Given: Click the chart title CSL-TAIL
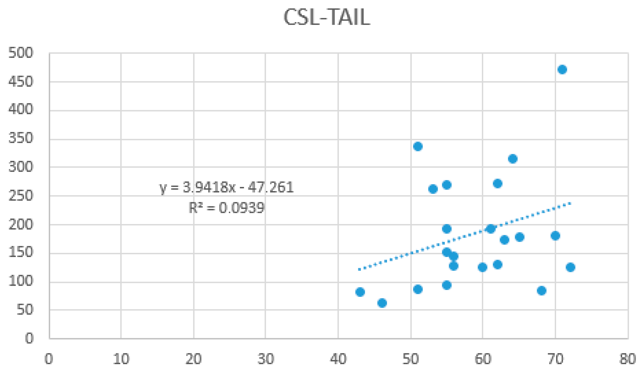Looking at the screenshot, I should (327, 17).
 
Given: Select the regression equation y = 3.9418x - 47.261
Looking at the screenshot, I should (227, 188).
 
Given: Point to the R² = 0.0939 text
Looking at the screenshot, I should (227, 208).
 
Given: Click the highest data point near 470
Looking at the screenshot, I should (562, 69).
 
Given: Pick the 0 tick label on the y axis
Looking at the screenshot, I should (29, 339).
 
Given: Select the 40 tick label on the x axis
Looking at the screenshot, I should (338, 359).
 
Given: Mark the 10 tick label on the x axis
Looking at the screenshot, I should (121, 359).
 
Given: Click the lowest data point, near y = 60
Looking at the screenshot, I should (382, 303).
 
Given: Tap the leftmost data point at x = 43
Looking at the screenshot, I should (360, 292).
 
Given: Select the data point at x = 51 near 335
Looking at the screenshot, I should (417, 147).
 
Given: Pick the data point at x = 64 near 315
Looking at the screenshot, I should (513, 159).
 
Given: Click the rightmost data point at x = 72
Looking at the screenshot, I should (570, 267).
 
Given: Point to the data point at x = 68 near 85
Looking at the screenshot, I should (542, 291).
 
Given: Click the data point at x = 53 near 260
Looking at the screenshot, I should (433, 189).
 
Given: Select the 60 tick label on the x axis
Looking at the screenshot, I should (483, 359).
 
